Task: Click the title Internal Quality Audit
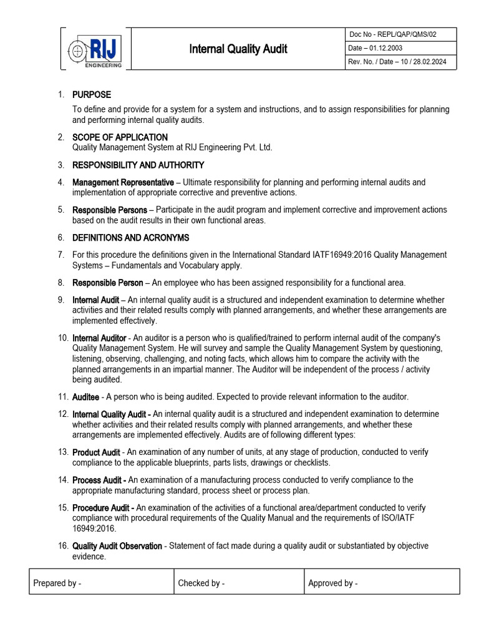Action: tap(239, 49)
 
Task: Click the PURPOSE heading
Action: tap(92, 95)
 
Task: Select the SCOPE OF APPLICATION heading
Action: tap(120, 137)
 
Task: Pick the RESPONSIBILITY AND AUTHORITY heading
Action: tap(138, 165)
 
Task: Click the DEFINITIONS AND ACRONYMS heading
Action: tap(131, 238)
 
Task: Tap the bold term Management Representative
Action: tap(123, 182)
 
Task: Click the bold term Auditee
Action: tap(85, 397)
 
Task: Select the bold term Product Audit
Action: tap(96, 452)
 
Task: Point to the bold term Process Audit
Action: tap(99, 480)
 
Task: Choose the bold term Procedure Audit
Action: tap(103, 508)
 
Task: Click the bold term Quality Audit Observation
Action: tap(117, 546)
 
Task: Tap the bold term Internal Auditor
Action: tap(99, 338)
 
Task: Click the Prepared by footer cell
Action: tap(101, 583)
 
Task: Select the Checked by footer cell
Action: tap(239, 583)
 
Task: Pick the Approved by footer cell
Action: tap(382, 583)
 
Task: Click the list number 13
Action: tap(62, 452)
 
